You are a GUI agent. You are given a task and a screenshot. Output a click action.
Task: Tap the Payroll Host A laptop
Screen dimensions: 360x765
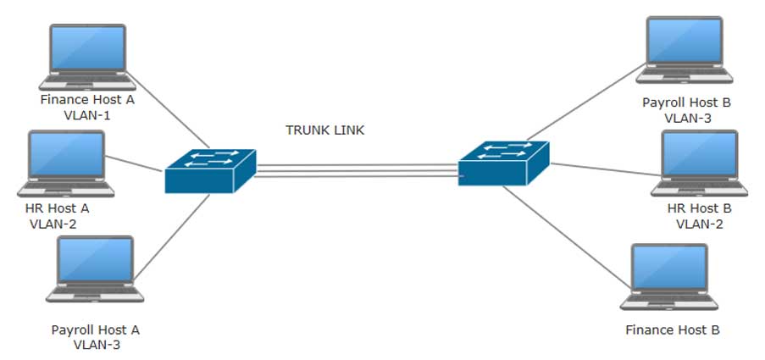pyautogui.click(x=94, y=269)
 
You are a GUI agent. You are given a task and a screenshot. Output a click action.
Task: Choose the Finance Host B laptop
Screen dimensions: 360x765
pyautogui.click(x=668, y=278)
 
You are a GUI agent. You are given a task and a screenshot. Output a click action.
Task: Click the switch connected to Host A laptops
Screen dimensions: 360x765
pyautogui.click(x=210, y=170)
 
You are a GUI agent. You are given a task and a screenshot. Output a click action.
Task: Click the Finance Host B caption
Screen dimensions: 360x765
pyautogui.click(x=673, y=330)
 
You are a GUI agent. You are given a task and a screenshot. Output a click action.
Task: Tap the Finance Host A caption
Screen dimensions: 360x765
pyautogui.click(x=87, y=99)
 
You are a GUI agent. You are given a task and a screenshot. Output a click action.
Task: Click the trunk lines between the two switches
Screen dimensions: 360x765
pyautogui.click(x=356, y=171)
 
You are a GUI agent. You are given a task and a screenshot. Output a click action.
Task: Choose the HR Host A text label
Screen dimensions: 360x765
pyautogui.click(x=58, y=208)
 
